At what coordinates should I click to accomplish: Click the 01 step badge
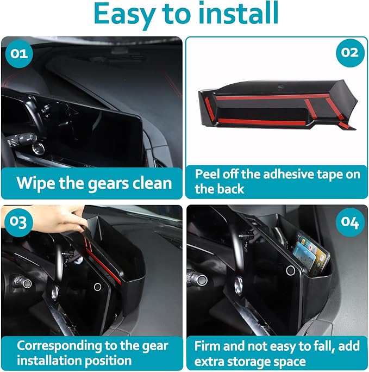pos(19,54)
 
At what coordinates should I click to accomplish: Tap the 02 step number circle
pos(350,53)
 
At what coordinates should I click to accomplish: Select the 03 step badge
pos(19,222)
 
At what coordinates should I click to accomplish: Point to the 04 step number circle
pos(350,222)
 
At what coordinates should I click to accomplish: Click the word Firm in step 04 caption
pos(208,346)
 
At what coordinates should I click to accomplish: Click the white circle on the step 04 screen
pos(291,270)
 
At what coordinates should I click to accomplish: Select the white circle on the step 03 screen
pos(97,287)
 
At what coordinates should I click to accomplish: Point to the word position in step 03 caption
pos(108,361)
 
